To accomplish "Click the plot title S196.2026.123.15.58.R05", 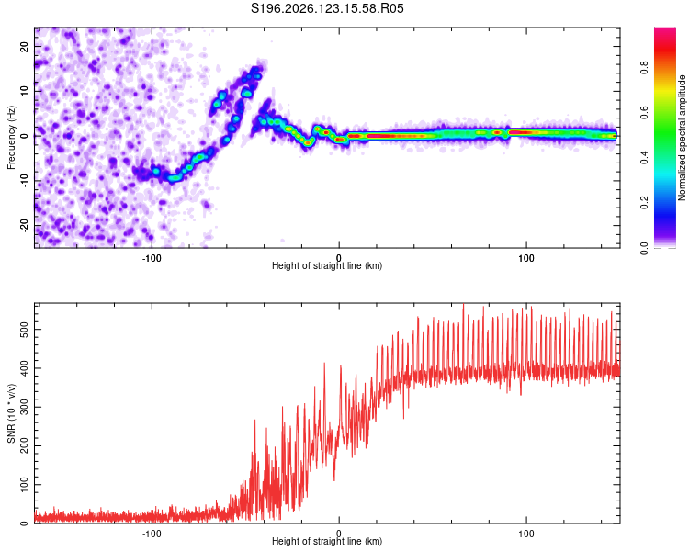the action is [327, 8].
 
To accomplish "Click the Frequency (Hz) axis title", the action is [11, 138].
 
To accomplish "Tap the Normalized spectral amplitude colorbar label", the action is [682, 138].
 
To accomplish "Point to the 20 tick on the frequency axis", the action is [25, 46].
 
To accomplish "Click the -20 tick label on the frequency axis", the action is [25, 226].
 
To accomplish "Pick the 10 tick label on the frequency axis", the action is [25, 91].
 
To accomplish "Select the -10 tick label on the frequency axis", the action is [25, 181].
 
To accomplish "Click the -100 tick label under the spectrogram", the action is [152, 258].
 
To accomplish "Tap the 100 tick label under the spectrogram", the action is [526, 258].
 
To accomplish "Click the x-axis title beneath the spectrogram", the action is [327, 265].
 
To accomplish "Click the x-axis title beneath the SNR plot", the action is [327, 541].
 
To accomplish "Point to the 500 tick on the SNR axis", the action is [25, 330].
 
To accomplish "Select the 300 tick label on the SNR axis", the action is [25, 407].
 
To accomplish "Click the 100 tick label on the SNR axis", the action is [25, 485].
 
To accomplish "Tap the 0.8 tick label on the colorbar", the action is [645, 68].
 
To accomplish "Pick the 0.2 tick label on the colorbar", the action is [645, 203].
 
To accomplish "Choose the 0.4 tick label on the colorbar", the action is [645, 158].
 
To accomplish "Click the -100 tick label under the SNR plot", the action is [152, 534].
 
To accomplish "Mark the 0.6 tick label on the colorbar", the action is [645, 113].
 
